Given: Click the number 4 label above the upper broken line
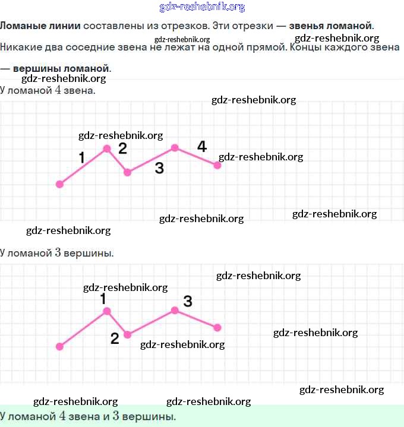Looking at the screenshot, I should [x=202, y=146].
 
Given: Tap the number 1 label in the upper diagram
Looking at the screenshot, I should [x=81, y=157].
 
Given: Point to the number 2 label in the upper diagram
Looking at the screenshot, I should [x=122, y=148].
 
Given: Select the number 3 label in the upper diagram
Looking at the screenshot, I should [x=159, y=168].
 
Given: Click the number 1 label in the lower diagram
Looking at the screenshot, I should [x=103, y=298].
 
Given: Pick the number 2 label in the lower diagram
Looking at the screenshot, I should [x=115, y=339].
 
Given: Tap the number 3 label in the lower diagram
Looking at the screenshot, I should [x=188, y=301].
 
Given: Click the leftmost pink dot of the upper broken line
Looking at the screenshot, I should [x=59, y=184].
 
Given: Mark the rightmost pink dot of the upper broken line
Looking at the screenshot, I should [x=217, y=165].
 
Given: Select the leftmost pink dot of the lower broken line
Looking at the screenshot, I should [x=59, y=346].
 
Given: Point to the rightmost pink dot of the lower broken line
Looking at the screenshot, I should [x=217, y=327].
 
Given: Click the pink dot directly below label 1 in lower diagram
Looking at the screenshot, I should [x=107, y=311].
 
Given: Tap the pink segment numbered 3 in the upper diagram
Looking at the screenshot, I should [x=151, y=160].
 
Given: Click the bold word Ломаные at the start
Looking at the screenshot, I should [x=20, y=26].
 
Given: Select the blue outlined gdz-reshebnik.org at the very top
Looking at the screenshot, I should [x=202, y=7].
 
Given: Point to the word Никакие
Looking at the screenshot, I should [x=19, y=47].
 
